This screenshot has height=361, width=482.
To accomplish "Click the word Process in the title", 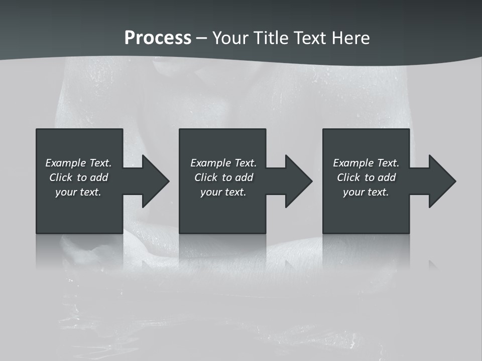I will (x=158, y=38).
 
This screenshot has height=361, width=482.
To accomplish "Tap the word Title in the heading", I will (x=272, y=38).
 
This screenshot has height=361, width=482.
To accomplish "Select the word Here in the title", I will (x=351, y=38).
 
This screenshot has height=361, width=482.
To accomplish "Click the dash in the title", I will (x=202, y=39).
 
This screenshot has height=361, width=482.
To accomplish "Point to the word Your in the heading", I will (x=230, y=38).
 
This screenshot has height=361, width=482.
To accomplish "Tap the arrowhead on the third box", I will (x=441, y=181).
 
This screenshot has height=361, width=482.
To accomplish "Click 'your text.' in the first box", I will (x=78, y=192).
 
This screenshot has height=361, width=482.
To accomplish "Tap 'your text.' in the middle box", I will (x=223, y=192).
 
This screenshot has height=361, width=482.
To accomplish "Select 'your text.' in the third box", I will (x=366, y=192).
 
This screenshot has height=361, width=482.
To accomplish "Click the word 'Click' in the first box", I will (x=61, y=177).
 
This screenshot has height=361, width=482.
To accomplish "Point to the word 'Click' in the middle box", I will (x=206, y=177).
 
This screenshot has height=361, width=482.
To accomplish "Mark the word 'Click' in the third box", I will (x=348, y=177).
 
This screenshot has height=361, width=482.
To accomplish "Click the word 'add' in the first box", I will (x=99, y=177).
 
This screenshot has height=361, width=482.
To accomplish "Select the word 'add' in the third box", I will (x=387, y=177).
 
